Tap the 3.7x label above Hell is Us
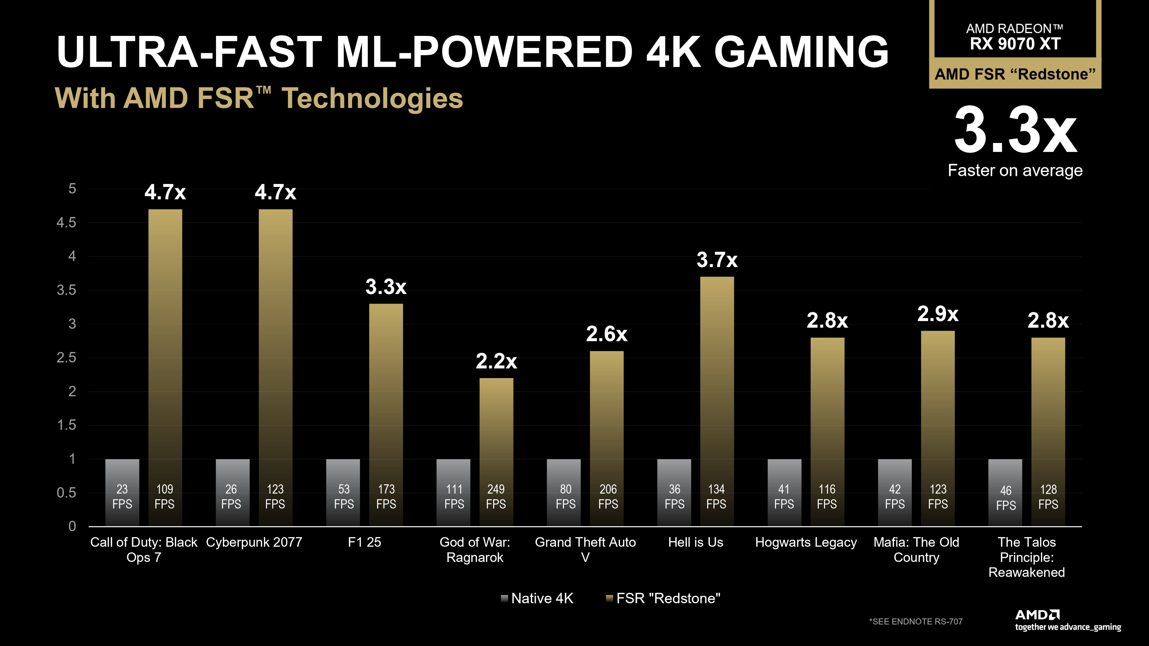coord(717,260)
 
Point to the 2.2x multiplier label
coord(496,361)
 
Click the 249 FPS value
coord(496,496)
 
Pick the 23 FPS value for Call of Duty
coord(122,496)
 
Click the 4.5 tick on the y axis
coord(66,223)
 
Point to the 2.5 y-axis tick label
coord(66,358)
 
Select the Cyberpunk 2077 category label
coord(254,542)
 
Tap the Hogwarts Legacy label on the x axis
coord(805,542)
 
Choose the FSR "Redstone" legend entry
coord(663,598)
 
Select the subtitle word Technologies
coord(373,98)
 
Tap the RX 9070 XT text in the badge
coord(1015,44)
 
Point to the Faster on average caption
coord(1015,170)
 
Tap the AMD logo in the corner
coord(1037,615)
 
